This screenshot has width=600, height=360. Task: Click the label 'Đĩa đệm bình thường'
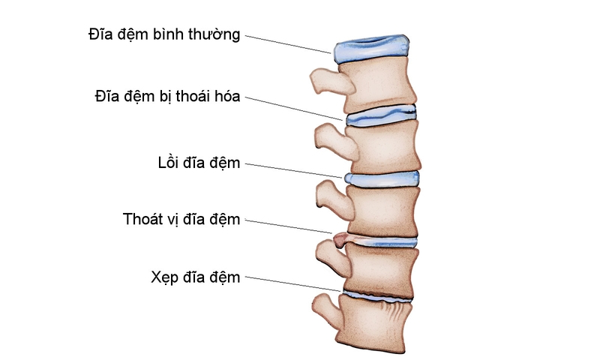tap(164, 34)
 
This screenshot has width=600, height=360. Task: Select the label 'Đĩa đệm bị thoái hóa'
tap(167, 97)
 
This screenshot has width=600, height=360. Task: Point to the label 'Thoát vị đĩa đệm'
tap(181, 220)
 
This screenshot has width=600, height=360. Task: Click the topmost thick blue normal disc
tap(371, 50)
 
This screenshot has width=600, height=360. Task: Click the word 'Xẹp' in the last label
tap(164, 277)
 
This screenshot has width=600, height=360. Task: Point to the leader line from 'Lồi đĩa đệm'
tap(292, 170)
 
